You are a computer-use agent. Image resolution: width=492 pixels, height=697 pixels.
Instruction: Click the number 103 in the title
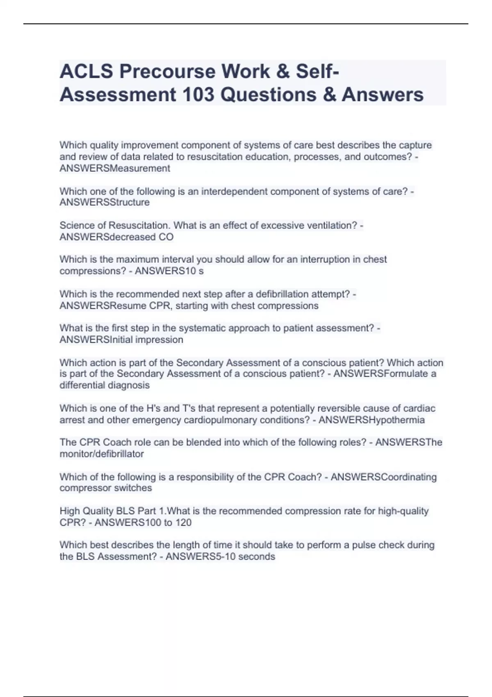[198, 94]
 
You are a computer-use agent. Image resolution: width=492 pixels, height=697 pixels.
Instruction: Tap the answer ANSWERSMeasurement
[115, 169]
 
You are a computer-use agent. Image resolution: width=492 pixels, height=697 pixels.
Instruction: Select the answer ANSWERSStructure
[105, 203]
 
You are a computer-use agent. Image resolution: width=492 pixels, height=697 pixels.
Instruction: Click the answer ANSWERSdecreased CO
[116, 237]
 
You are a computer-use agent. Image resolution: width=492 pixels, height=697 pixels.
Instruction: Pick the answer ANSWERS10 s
[169, 271]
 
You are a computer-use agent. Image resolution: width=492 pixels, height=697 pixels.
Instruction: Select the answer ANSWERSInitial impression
[121, 340]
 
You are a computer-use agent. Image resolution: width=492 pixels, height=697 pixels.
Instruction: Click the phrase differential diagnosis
[105, 385]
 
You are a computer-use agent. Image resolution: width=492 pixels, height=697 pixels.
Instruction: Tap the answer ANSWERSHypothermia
[371, 420]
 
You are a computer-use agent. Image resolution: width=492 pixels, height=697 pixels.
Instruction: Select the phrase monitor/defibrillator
[102, 454]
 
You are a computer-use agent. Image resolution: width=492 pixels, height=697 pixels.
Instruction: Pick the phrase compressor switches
[106, 488]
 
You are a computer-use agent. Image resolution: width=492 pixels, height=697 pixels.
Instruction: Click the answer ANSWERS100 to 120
[143, 523]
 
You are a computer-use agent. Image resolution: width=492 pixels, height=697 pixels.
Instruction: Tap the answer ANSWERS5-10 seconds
[220, 557]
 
